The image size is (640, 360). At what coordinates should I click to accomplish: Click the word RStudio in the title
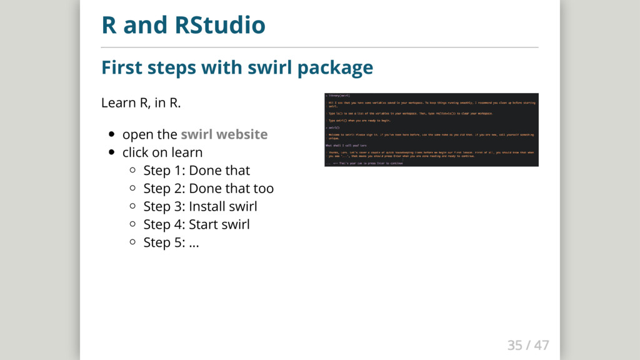(x=220, y=26)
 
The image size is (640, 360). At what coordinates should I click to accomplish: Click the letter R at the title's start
(x=109, y=26)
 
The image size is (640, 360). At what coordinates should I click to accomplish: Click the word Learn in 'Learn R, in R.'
(x=116, y=102)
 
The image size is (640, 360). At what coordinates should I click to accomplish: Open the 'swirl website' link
(x=224, y=134)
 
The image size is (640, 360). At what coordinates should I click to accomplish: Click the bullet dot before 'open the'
(x=111, y=134)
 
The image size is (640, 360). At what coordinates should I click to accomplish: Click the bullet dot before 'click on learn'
(x=111, y=152)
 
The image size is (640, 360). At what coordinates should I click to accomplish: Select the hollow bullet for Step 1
(x=132, y=171)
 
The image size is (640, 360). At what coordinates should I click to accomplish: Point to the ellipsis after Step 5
(x=194, y=242)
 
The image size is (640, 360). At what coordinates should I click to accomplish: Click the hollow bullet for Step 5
(x=132, y=242)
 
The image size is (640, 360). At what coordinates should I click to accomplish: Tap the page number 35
(x=514, y=345)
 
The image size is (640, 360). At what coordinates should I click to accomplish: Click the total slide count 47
(x=541, y=345)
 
